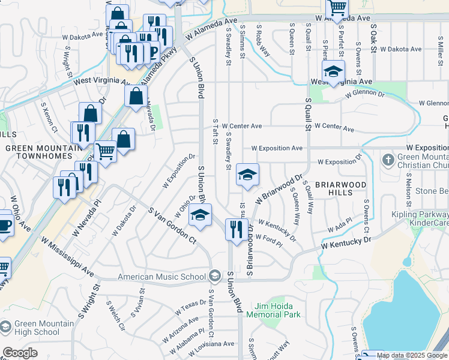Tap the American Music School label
[x=161, y=277]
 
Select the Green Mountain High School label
[x=38, y=328]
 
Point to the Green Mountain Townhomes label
[x=43, y=152]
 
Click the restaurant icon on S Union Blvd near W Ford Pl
[x=235, y=229]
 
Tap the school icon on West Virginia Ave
[x=331, y=71]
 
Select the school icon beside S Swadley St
[x=246, y=175]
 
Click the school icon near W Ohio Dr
[x=200, y=215]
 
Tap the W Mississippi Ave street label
[x=68, y=257]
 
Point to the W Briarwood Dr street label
[x=278, y=188]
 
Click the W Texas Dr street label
[x=191, y=307]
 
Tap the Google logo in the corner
[x=20, y=352]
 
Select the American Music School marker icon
[x=214, y=276]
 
